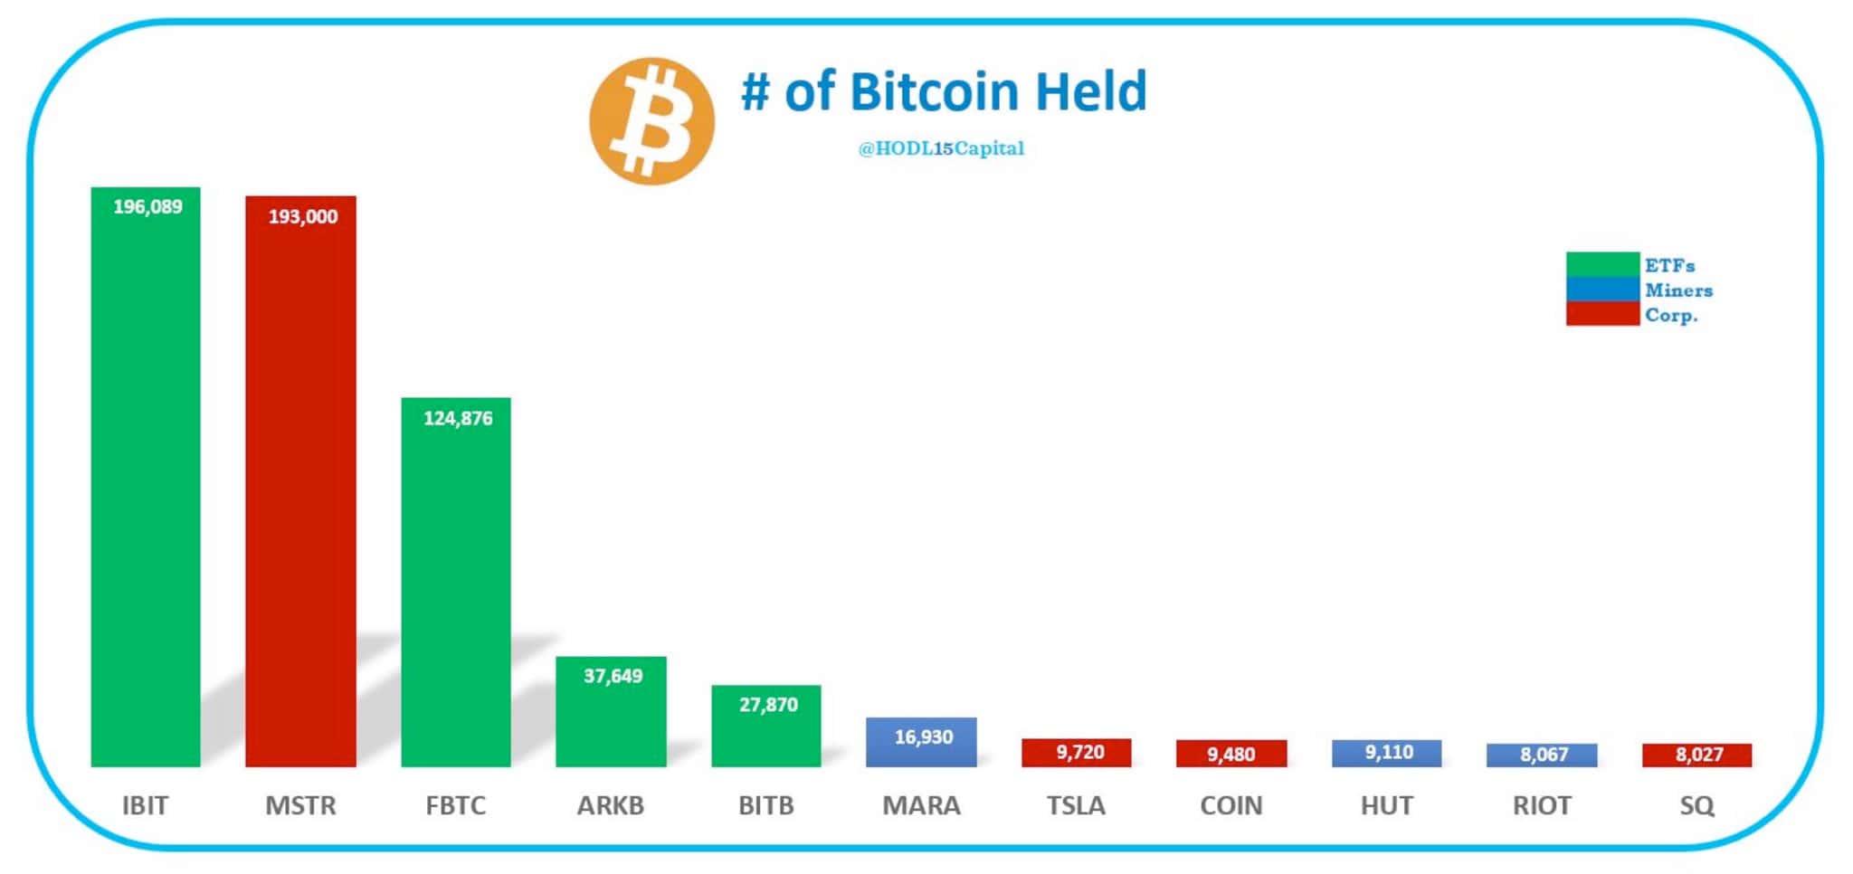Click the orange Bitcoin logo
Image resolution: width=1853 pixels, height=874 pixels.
point(651,121)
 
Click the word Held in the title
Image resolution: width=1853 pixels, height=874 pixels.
point(1090,91)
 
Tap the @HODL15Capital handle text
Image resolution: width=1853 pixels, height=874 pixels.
point(941,148)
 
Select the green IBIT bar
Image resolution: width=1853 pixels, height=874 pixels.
point(146,489)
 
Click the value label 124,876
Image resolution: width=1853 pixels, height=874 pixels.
point(458,419)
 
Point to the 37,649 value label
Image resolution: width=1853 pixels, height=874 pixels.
point(613,677)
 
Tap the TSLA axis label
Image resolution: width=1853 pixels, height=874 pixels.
point(1076,805)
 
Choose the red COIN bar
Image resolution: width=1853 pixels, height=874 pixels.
point(1231,754)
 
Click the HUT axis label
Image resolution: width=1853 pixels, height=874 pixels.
point(1386,805)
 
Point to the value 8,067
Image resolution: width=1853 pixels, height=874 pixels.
point(1544,755)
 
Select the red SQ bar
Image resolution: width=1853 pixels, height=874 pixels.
point(1696,755)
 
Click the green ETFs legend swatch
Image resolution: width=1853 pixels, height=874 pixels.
point(1601,264)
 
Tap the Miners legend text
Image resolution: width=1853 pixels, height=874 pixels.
point(1678,290)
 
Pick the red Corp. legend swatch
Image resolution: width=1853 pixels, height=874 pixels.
point(1601,314)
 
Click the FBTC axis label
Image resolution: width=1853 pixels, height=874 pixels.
point(456,805)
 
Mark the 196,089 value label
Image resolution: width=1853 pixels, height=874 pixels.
point(147,207)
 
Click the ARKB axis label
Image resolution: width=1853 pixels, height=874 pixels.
point(611,805)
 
